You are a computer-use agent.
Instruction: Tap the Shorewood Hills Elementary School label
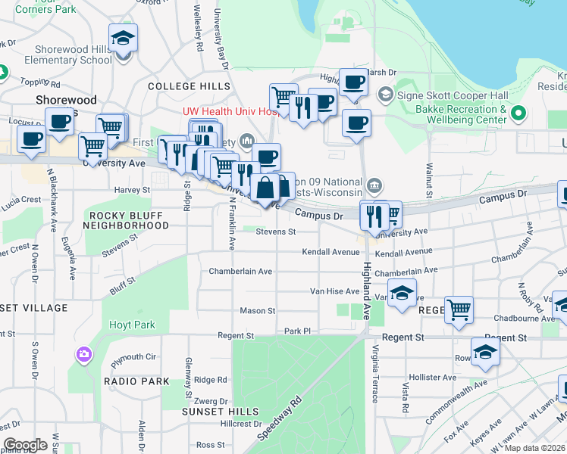(x=68, y=54)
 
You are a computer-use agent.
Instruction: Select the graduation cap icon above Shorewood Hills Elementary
(x=123, y=38)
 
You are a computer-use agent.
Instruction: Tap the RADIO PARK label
(x=136, y=381)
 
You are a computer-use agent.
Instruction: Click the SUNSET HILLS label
(x=214, y=411)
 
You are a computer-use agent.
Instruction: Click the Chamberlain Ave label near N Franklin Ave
(x=240, y=271)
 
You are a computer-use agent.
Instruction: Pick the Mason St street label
(x=258, y=311)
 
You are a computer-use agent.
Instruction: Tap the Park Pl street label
(x=298, y=331)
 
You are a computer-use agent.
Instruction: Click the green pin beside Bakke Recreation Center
(x=519, y=115)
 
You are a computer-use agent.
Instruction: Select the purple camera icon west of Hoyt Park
(x=83, y=354)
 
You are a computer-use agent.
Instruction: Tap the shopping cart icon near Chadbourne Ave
(x=459, y=309)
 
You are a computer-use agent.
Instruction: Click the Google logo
(x=25, y=445)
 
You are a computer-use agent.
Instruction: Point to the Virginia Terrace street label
(x=375, y=378)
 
